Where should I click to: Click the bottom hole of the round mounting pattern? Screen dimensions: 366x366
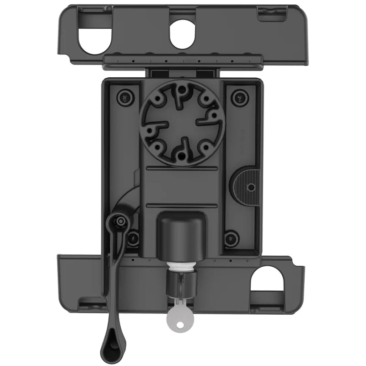click(x=182, y=156)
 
